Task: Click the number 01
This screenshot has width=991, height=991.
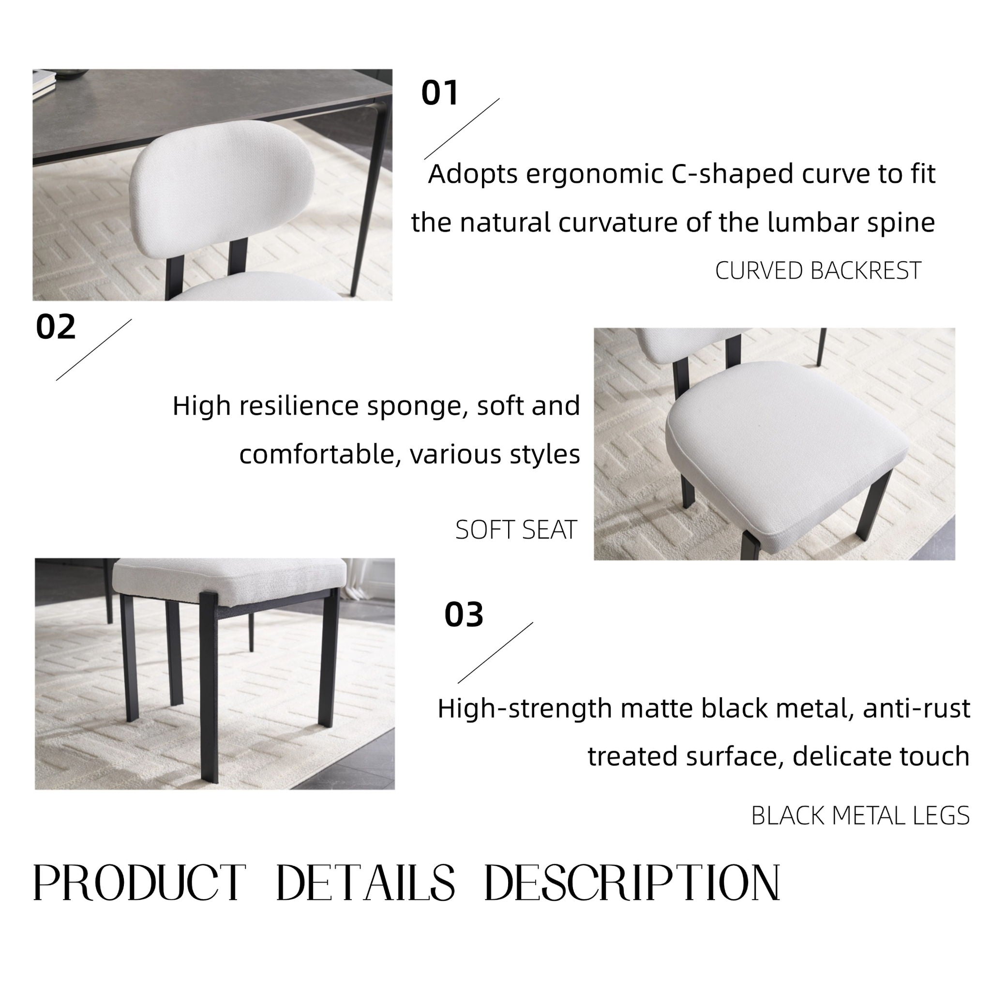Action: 439,93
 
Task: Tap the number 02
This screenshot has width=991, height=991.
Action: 55,327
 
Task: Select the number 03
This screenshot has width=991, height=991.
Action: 464,615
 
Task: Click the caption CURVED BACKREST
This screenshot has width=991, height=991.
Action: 818,271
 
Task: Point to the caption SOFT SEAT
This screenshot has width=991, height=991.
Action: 516,530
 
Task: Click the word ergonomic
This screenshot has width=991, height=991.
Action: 595,175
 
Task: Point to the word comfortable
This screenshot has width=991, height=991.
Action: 320,454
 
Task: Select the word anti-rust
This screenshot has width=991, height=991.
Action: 916,708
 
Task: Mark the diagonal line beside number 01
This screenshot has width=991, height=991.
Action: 462,129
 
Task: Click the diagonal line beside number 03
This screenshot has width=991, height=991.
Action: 495,652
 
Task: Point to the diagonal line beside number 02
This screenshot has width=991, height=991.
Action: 93,350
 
